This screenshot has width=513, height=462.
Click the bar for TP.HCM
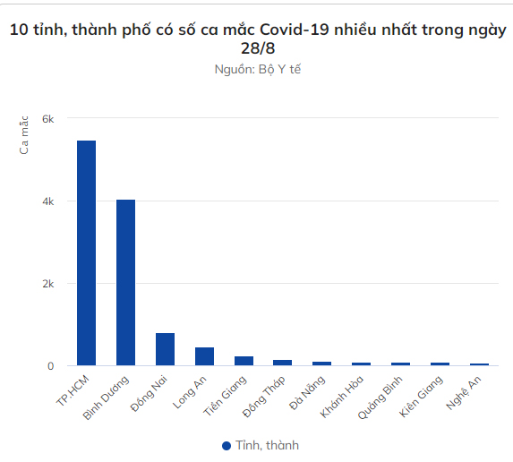tap(86, 252)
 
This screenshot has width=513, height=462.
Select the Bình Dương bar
tap(125, 282)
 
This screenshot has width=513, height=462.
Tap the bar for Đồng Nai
tap(165, 349)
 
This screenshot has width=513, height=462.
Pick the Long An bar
tap(204, 356)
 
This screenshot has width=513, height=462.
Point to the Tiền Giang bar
tap(244, 361)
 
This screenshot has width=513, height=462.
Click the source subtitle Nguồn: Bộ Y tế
tap(257, 69)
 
